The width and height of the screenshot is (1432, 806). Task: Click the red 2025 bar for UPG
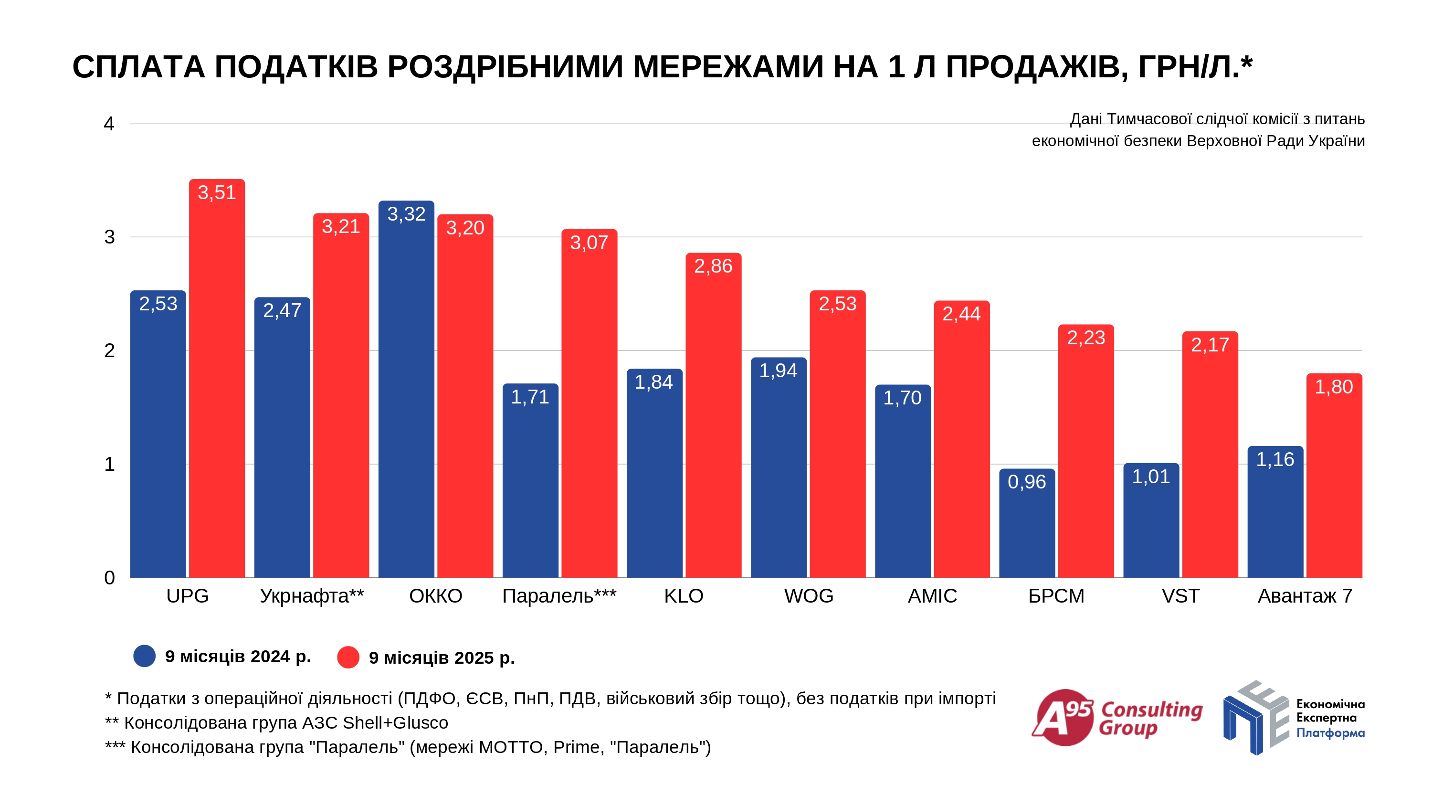tap(217, 389)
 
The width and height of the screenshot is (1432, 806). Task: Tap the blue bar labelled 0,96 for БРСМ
tap(1027, 529)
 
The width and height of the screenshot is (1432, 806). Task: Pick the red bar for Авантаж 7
tap(1334, 484)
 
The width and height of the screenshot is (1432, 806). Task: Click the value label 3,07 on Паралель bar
tap(589, 243)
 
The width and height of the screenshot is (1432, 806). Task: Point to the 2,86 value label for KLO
tap(713, 266)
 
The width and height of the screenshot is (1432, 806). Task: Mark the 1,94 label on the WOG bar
tap(778, 371)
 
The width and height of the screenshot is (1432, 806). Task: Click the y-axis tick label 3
tap(109, 237)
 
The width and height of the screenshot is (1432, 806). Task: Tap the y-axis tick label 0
tap(109, 577)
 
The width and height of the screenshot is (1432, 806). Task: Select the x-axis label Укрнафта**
tap(312, 596)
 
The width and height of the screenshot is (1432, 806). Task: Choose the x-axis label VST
tap(1180, 596)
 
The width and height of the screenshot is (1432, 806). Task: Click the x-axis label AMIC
tap(932, 596)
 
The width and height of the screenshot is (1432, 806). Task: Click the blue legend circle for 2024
tap(145, 657)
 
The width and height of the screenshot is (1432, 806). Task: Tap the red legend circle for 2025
tap(348, 658)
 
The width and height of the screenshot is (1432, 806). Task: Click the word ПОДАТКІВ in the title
tap(296, 67)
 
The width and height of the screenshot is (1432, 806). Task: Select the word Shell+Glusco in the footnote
tap(395, 722)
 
